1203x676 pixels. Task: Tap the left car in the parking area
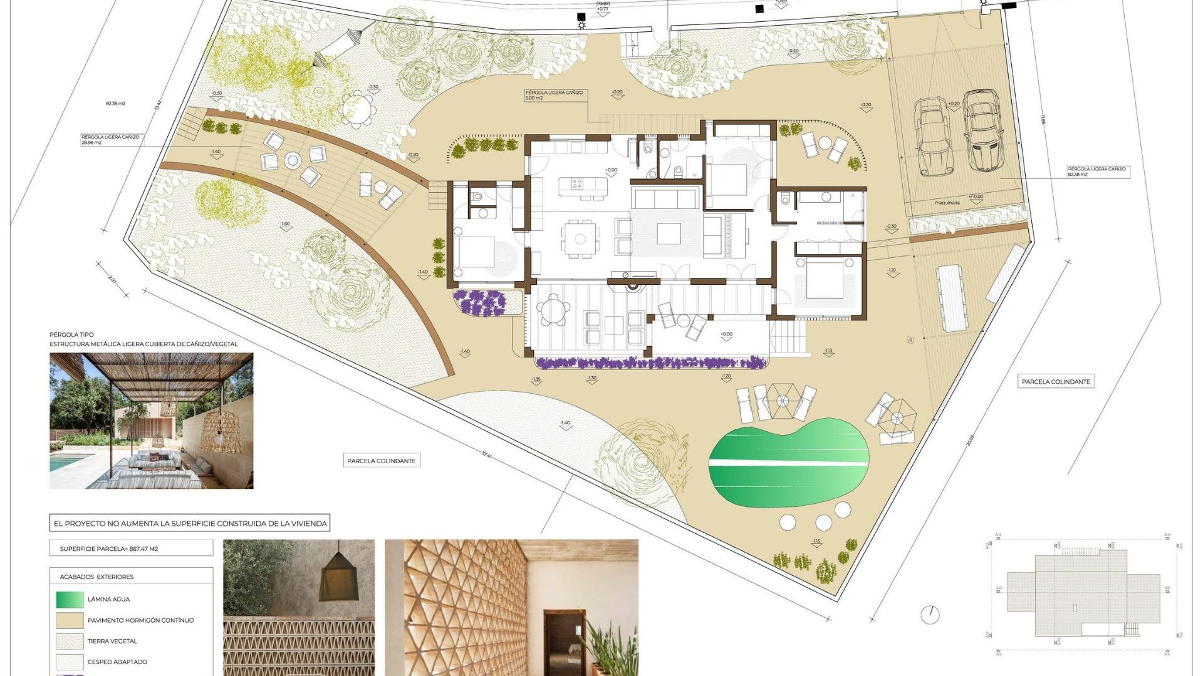pyautogui.click(x=933, y=137)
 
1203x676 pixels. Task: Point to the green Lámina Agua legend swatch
pyautogui.click(x=70, y=599)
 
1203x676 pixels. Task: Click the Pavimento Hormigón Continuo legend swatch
pyautogui.click(x=70, y=620)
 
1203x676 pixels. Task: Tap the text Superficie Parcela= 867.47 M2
pyautogui.click(x=109, y=549)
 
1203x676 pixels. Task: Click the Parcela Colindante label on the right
pyautogui.click(x=1056, y=382)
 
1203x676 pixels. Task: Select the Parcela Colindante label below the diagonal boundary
pyautogui.click(x=381, y=461)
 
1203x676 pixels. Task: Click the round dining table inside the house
pyautogui.click(x=580, y=238)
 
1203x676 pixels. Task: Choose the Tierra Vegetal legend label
pyautogui.click(x=112, y=641)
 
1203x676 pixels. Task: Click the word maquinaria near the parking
pyautogui.click(x=947, y=203)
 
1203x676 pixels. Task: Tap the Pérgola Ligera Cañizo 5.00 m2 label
pyautogui.click(x=554, y=95)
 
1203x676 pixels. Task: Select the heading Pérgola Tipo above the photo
pyautogui.click(x=71, y=335)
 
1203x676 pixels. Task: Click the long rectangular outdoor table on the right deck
pyautogui.click(x=951, y=298)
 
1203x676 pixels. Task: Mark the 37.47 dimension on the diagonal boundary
pyautogui.click(x=487, y=455)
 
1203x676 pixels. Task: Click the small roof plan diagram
pyautogui.click(x=1082, y=593)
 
